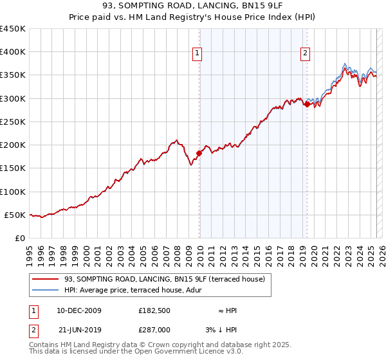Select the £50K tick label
tap(15, 215)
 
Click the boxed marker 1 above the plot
tap(196, 53)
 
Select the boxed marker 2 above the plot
tap(304, 53)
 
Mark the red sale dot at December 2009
tap(199, 153)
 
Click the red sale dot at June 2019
tap(308, 104)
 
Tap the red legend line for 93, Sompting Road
tap(45, 279)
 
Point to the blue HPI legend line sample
tap(45, 290)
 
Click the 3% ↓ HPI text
tap(222, 329)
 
